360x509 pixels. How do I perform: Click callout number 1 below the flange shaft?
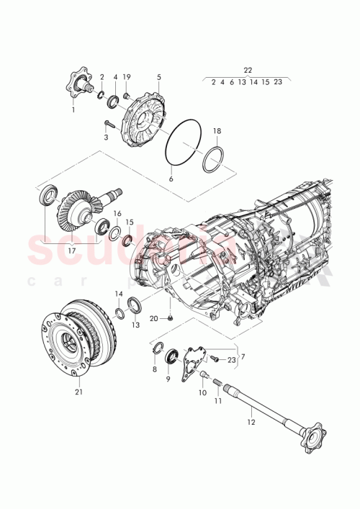tap(72, 109)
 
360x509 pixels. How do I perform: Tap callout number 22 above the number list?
tap(248, 70)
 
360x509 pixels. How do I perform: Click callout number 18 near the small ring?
tap(217, 132)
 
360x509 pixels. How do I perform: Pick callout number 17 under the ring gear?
tap(71, 251)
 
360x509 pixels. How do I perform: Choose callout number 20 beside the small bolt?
tap(153, 317)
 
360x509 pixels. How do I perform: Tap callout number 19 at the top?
tap(127, 76)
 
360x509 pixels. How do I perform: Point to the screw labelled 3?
tap(109, 123)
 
